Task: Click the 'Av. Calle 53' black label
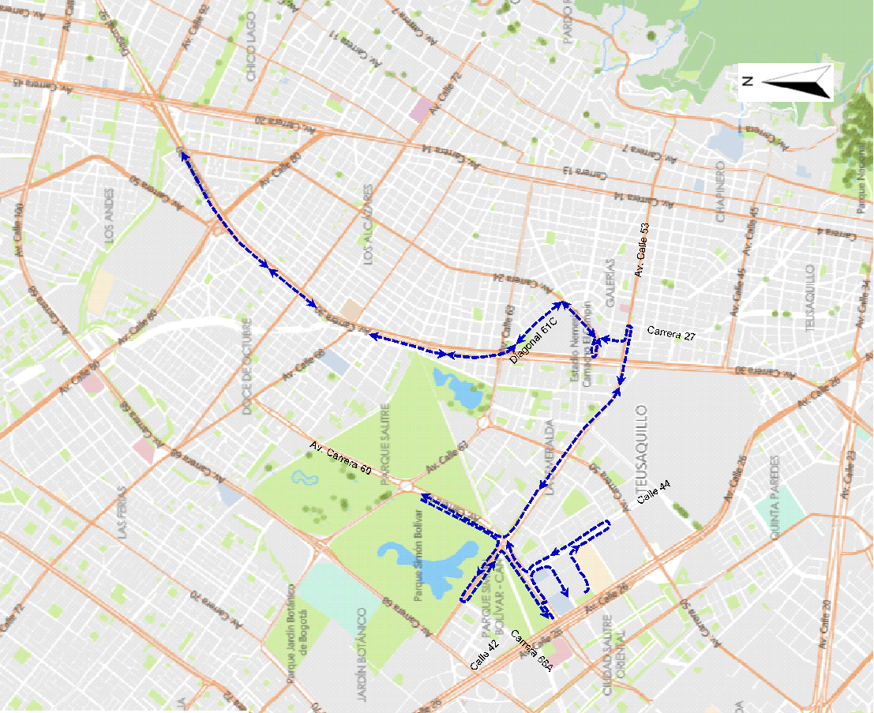[642, 250]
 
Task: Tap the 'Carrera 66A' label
[531, 651]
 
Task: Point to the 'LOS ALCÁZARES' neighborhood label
[367, 225]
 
